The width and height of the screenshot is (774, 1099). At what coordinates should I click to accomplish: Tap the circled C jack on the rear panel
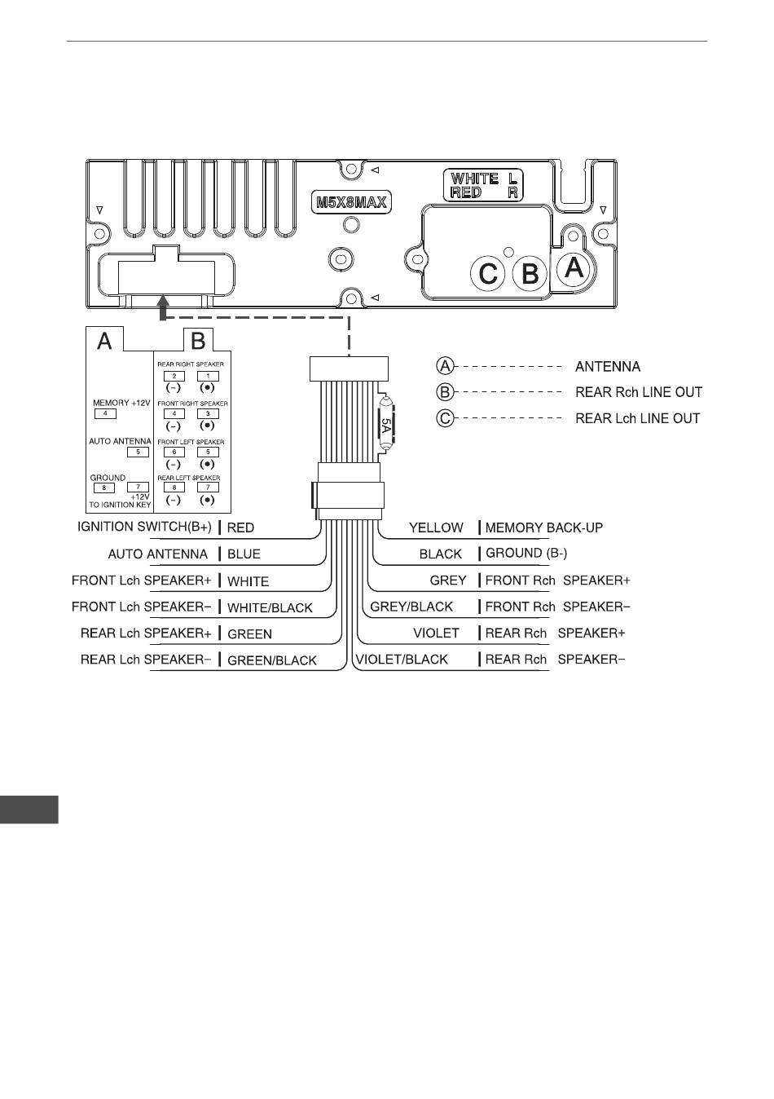click(488, 273)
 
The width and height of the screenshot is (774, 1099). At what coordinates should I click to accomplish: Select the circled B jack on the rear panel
click(530, 273)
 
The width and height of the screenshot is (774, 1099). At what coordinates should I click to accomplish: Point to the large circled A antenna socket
click(574, 267)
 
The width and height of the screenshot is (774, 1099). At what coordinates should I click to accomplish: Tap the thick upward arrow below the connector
click(165, 307)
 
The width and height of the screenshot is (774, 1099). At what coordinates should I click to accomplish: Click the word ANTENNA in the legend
click(608, 366)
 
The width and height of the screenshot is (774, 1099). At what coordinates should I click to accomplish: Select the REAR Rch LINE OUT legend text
click(638, 392)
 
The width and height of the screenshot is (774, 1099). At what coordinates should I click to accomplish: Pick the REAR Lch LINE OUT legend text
click(637, 418)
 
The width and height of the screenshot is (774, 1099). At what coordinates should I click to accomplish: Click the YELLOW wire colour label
click(436, 527)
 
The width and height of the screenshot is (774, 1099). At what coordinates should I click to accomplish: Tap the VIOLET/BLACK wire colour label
click(402, 660)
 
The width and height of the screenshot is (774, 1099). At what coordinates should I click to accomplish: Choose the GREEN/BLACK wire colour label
click(271, 660)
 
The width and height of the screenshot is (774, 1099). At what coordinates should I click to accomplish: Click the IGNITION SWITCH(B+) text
click(144, 527)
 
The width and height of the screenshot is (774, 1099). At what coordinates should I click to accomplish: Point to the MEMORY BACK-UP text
click(544, 527)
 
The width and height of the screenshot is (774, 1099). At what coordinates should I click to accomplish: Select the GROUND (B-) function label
click(526, 553)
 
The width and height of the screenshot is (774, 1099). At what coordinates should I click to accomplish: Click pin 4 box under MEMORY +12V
click(105, 413)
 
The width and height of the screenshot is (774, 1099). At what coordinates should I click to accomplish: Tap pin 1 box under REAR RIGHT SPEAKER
click(208, 376)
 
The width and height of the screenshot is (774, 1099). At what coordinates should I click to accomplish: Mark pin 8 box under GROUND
click(104, 488)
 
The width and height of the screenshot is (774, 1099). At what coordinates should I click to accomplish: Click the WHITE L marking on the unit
click(485, 179)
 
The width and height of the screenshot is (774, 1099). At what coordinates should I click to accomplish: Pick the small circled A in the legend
click(445, 366)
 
